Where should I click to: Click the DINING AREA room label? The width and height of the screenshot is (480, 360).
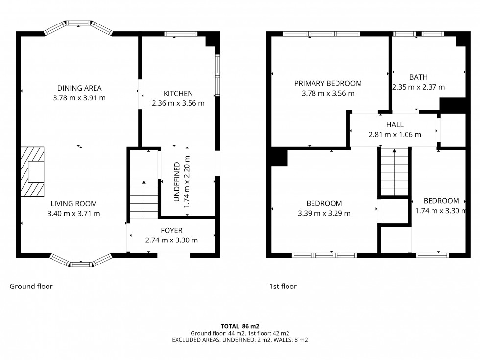(79, 88)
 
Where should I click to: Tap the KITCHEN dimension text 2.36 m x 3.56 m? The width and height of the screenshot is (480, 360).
(178, 103)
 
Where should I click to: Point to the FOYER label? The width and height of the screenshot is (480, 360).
(171, 230)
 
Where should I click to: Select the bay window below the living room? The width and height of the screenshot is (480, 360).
(81, 262)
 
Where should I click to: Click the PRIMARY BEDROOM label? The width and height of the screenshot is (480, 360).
(328, 83)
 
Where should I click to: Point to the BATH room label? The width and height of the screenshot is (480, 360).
(418, 77)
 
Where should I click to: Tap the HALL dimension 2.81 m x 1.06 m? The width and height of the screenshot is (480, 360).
(394, 135)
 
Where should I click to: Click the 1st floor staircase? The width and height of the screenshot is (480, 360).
(394, 171)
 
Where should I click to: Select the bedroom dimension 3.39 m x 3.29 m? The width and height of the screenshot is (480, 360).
(324, 213)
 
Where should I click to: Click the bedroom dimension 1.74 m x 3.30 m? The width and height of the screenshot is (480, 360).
(440, 211)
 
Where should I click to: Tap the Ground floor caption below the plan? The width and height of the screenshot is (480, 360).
(31, 287)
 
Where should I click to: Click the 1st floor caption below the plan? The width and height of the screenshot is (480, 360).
(283, 287)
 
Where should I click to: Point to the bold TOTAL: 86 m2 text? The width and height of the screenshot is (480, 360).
(240, 326)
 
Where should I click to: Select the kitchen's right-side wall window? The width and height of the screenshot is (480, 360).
(217, 75)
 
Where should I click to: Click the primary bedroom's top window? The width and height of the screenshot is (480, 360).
(321, 34)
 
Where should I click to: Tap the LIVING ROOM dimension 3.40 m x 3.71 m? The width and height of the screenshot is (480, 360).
(73, 213)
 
